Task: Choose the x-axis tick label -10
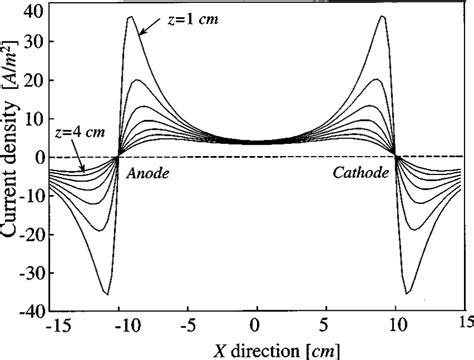pyautogui.click(x=117, y=326)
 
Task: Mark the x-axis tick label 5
pyautogui.click(x=327, y=326)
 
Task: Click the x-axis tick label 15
pyautogui.click(x=464, y=326)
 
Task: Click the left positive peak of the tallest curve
pyautogui.click(x=130, y=17)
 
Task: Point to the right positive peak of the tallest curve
pyautogui.click(x=384, y=17)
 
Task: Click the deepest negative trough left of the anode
pyautogui.click(x=106, y=294)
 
